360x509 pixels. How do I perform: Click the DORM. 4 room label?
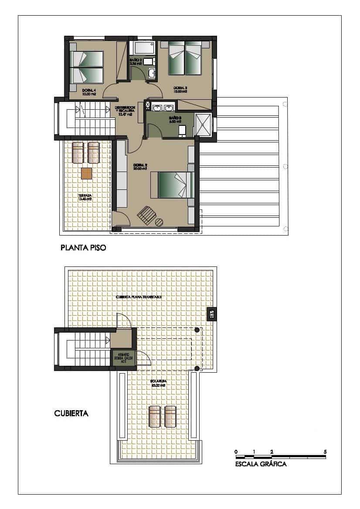pos(88,91)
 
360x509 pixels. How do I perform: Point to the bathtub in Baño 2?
pos(144,47)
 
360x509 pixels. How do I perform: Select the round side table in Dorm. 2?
pos(160,222)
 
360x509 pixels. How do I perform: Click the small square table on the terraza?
pos(87,173)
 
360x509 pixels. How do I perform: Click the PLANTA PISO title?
pos(83,249)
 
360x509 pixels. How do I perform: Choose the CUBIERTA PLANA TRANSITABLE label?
pos(139,297)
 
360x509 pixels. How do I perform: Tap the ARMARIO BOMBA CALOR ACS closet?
pos(123,358)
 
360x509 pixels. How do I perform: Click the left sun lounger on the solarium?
pos(154,416)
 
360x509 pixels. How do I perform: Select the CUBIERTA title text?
pos(71,414)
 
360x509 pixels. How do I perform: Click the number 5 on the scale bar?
pos(325,452)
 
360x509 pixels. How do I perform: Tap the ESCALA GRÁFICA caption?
pos(261,464)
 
